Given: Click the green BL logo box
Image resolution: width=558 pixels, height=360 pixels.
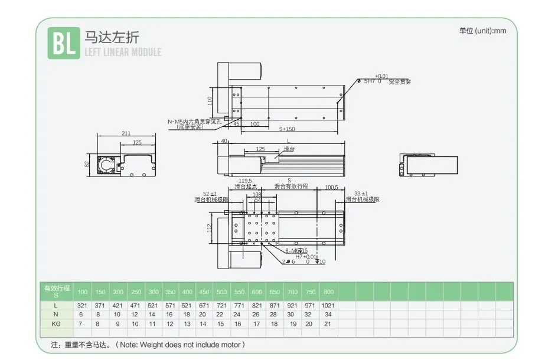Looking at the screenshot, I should (x=63, y=44).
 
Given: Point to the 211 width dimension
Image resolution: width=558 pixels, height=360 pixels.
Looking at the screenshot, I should (x=126, y=133).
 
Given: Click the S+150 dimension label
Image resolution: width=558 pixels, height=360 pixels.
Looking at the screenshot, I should (x=287, y=129).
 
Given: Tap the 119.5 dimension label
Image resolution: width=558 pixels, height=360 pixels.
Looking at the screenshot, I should (x=244, y=181).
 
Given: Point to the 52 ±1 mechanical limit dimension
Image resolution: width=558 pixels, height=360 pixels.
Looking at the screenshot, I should (x=210, y=194).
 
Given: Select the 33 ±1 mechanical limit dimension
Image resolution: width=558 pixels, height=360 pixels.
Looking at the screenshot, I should (x=360, y=194).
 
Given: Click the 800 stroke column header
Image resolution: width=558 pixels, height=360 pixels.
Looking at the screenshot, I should (x=328, y=292).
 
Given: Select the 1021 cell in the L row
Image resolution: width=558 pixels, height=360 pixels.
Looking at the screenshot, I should (x=328, y=306).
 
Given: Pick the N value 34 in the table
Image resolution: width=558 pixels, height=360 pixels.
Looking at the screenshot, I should (x=328, y=315).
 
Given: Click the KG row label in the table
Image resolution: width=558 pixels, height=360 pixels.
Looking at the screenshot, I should (x=56, y=324).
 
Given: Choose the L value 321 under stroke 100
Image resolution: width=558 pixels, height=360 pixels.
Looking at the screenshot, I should (x=83, y=306).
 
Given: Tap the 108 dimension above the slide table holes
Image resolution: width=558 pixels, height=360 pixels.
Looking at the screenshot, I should (x=256, y=194).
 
